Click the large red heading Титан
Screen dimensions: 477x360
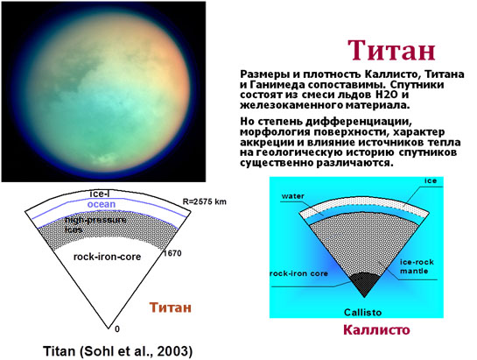pyautogui.click(x=391, y=51)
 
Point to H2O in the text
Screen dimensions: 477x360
pyautogui.click(x=387, y=95)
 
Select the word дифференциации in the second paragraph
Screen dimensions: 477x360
pyautogui.click(x=358, y=122)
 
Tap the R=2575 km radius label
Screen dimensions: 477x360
pyautogui.click(x=205, y=201)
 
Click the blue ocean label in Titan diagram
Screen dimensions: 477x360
pyautogui.click(x=102, y=204)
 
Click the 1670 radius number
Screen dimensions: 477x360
pyautogui.click(x=172, y=253)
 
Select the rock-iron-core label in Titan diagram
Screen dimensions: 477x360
pyautogui.click(x=107, y=257)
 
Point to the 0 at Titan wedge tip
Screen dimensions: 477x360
pyautogui.click(x=117, y=329)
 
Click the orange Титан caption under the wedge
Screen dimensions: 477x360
pyautogui.click(x=171, y=307)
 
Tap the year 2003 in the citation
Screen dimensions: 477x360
pyautogui.click(x=173, y=351)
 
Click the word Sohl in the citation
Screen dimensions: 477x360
pyautogui.click(x=96, y=351)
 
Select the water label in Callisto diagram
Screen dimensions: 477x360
pyautogui.click(x=293, y=196)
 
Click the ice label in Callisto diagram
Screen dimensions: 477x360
pyautogui.click(x=431, y=180)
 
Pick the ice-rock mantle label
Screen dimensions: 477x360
pyautogui.click(x=417, y=266)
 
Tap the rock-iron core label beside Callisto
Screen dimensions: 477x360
pyautogui.click(x=299, y=273)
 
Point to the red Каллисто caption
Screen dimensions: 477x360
pyautogui.click(x=376, y=330)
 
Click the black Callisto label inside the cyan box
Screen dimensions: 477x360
pyautogui.click(x=362, y=312)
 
